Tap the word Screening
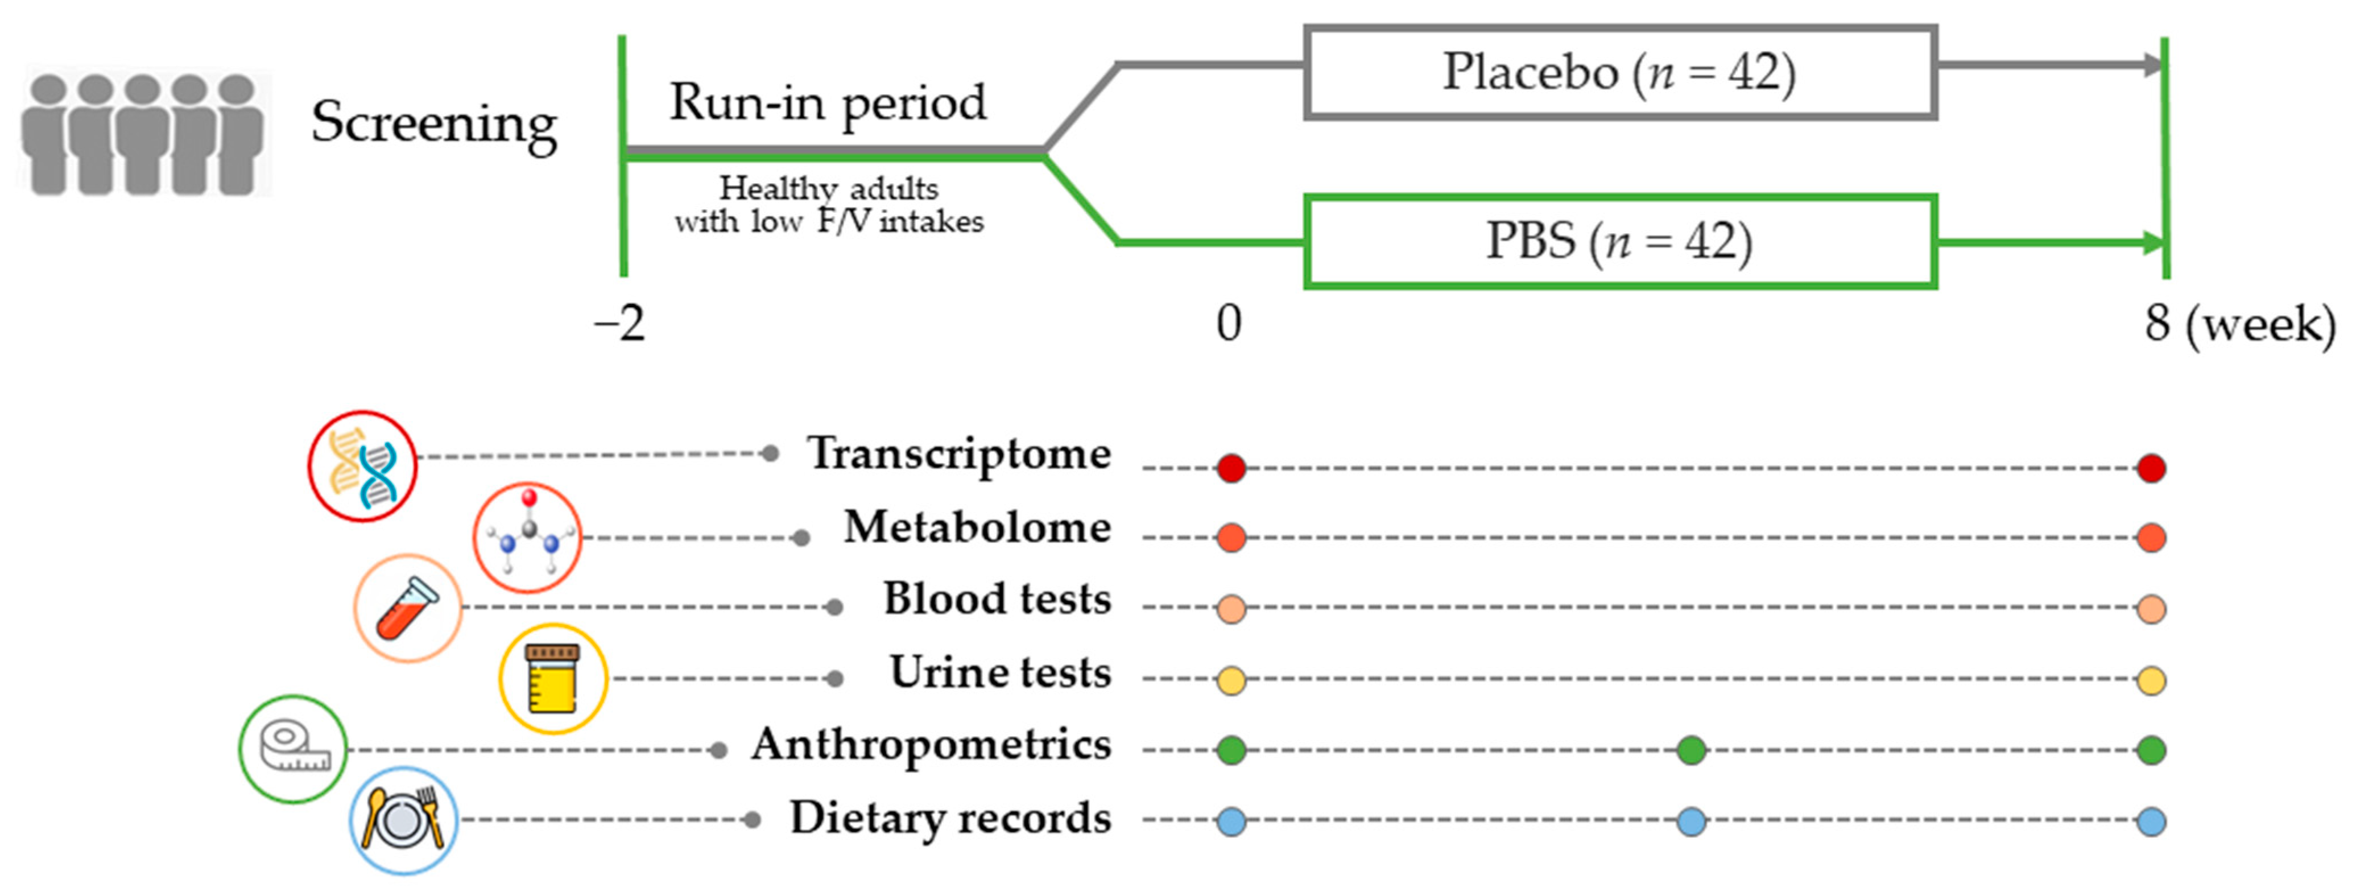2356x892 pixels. (x=433, y=122)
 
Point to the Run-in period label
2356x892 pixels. (x=828, y=102)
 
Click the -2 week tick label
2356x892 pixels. (x=620, y=324)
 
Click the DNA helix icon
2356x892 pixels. (x=363, y=466)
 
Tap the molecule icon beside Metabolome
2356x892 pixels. (x=528, y=538)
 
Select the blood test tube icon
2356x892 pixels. (x=408, y=608)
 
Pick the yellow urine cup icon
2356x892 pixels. (x=552, y=679)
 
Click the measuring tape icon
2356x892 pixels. (x=293, y=749)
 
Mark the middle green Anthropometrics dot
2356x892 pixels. (x=1691, y=751)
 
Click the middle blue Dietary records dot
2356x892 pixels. (x=1691, y=821)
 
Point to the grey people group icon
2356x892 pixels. (x=143, y=134)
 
